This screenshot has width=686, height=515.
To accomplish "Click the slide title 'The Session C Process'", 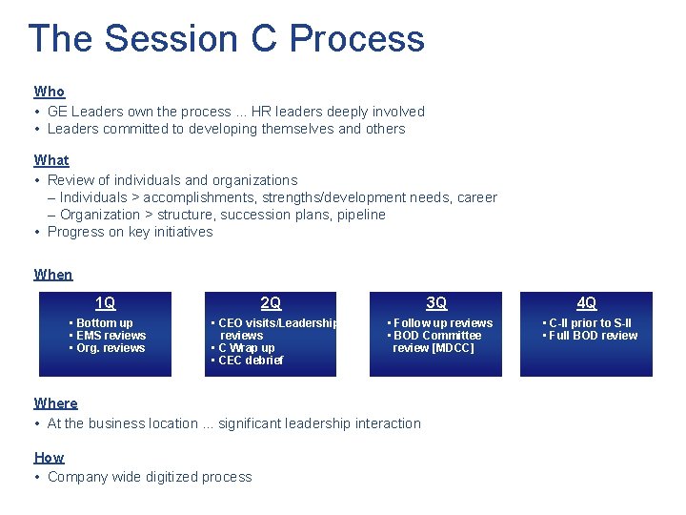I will point(226,39).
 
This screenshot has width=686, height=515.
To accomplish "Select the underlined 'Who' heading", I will point(50,92).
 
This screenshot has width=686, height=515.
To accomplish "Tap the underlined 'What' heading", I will point(51,160).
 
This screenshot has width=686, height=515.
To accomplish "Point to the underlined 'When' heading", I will point(53,275).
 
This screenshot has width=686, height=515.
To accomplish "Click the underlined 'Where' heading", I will point(55,403).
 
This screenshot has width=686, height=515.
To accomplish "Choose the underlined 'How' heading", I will point(50,458).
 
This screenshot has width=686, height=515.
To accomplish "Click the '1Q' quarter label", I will point(105,303).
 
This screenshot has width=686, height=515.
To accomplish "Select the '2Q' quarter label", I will point(271,303).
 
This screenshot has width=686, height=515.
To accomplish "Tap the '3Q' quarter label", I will point(436,303).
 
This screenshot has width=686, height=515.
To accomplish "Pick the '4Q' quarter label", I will point(587,303).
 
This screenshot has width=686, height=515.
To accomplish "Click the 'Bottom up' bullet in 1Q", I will point(104,323).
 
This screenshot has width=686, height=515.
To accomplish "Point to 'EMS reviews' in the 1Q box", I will point(111,336).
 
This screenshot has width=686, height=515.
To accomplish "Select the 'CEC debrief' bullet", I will point(251,360).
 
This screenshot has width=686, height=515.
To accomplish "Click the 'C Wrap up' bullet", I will point(247,348).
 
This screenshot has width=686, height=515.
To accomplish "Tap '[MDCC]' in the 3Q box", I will point(453,348).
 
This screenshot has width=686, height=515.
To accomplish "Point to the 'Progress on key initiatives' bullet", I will point(130,232).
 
